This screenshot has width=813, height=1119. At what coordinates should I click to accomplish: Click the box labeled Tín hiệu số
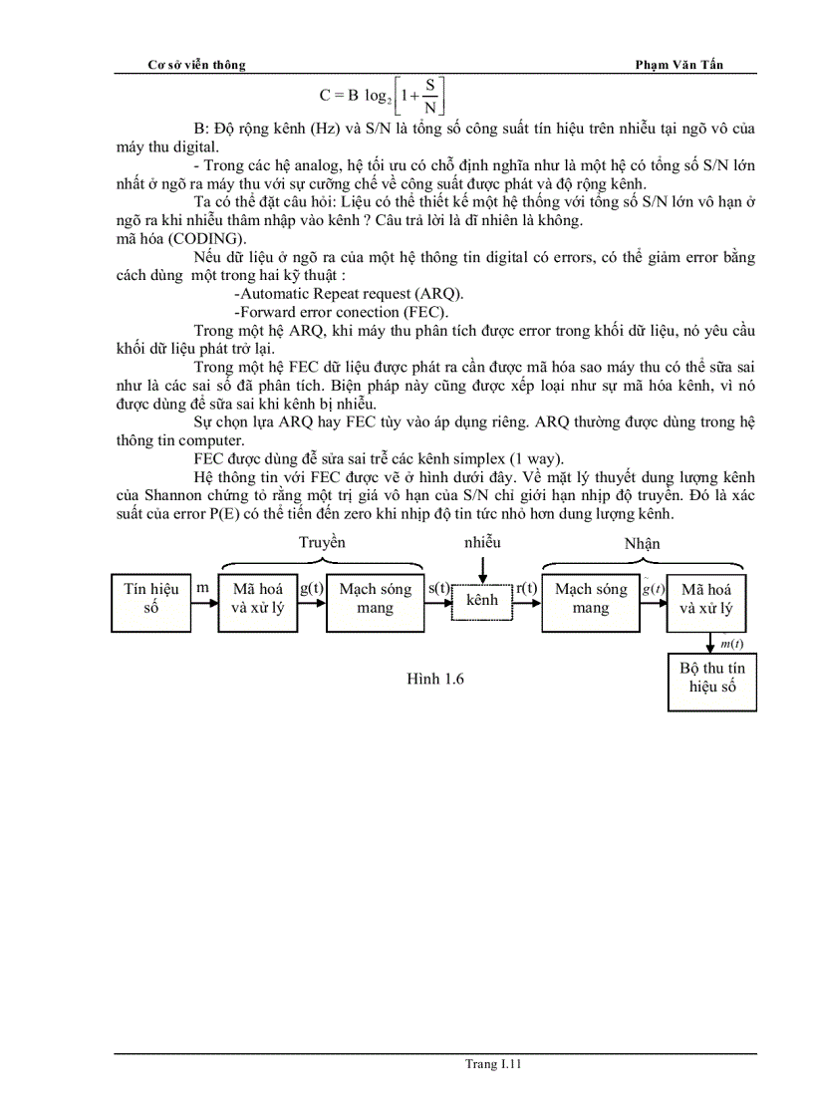tap(150, 599)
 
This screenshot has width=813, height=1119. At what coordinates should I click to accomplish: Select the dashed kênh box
tap(481, 600)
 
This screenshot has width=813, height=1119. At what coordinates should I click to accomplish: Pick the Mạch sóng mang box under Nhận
tap(591, 599)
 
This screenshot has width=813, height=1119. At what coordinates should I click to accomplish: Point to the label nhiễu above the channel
tap(481, 543)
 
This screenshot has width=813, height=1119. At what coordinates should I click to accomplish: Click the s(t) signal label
tap(438, 588)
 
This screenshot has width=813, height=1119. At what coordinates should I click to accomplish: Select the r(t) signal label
tap(527, 588)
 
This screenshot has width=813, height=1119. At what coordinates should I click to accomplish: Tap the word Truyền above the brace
tap(322, 543)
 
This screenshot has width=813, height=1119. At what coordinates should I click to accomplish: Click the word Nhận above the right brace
tap(642, 544)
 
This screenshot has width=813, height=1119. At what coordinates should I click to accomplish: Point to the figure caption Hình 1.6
tap(435, 680)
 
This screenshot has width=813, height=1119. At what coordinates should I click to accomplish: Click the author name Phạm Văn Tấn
tap(679, 65)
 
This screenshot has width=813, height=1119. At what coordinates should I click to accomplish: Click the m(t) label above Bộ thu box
tap(731, 644)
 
